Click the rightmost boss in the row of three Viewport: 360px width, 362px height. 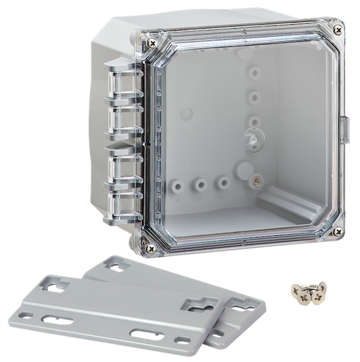click(222, 182)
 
